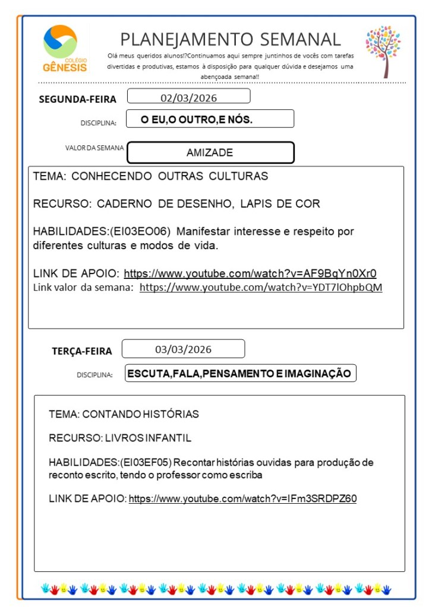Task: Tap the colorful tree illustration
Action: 383,51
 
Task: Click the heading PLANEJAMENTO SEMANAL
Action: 231,40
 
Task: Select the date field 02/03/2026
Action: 188,97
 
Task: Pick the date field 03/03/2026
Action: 183,349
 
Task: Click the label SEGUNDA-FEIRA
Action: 77,99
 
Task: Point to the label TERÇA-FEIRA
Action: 81,351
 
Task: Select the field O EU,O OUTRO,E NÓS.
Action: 210,119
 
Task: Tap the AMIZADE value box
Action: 210,152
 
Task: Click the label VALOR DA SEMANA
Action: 95,148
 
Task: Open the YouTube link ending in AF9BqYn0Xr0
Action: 250,274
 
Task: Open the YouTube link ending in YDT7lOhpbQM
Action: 261,287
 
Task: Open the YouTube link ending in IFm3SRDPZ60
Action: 242,498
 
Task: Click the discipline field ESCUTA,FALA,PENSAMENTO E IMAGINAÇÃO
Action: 240,373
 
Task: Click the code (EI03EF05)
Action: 146,462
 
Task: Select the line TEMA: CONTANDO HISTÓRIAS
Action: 124,414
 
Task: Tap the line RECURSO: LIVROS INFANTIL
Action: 120,438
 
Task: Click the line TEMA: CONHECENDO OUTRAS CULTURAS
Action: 150,176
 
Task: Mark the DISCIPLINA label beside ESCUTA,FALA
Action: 94,375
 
